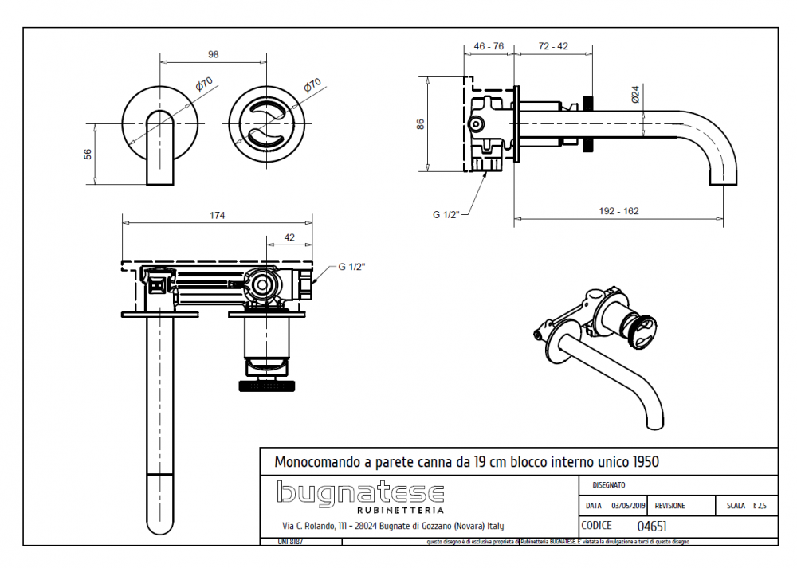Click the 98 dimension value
pos(213,54)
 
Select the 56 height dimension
pos(88,155)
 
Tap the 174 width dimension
pos(217,215)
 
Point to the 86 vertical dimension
pos(420,123)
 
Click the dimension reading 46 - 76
pos(489,46)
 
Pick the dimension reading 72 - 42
pos(552,46)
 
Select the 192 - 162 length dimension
pos(618,211)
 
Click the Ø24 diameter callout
pos(635,95)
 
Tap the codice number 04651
pos(653,526)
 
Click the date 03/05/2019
pos(628,506)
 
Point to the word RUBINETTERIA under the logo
pos(400,510)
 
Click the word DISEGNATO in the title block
pos(609,484)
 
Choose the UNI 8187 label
pos(290,542)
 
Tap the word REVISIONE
pos(669,506)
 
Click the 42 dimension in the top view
pos(289,237)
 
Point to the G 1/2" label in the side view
pos(447,214)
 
